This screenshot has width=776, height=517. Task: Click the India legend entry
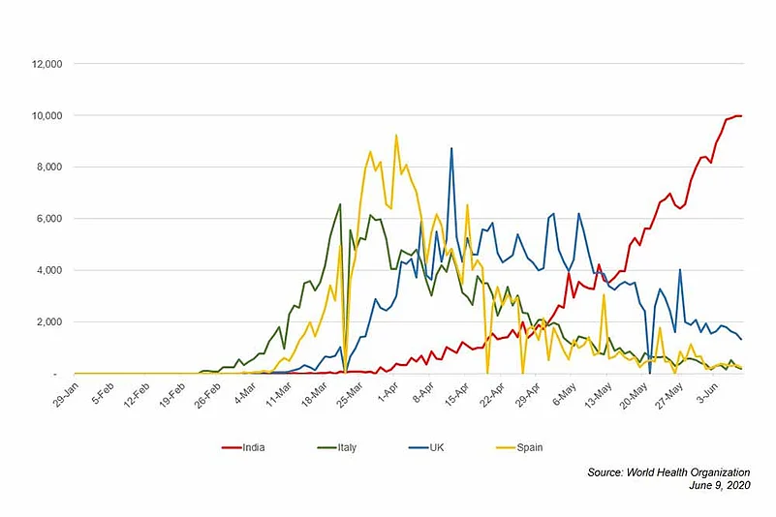click(251, 447)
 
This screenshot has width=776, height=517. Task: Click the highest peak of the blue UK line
click(450, 148)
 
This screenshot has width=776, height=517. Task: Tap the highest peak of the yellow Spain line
click(396, 136)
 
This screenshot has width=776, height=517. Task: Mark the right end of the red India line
click(741, 116)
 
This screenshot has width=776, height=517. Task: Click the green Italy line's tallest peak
click(340, 204)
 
